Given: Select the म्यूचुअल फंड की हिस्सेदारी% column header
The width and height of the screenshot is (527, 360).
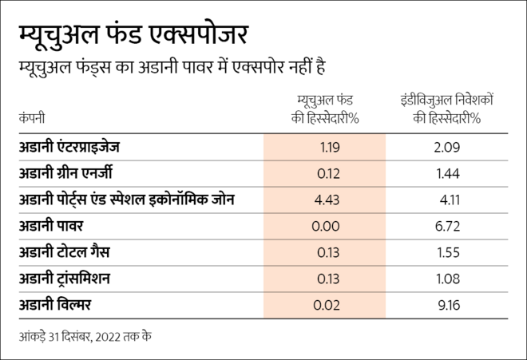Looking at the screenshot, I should click(x=325, y=109).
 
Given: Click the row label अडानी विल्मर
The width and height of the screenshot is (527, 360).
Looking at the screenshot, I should click(x=59, y=305).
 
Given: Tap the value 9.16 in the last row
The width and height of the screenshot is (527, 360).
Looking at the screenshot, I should click(x=448, y=305).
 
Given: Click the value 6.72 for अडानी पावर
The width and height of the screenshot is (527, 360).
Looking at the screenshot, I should click(x=448, y=226).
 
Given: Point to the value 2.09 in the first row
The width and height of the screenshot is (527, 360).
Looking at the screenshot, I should click(x=448, y=147).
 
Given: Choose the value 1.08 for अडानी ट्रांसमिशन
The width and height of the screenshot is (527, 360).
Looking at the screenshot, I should click(x=448, y=279).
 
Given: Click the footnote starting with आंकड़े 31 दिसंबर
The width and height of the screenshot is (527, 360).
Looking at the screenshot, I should click(x=85, y=336).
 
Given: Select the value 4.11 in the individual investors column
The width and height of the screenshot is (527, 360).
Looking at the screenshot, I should click(x=448, y=200).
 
